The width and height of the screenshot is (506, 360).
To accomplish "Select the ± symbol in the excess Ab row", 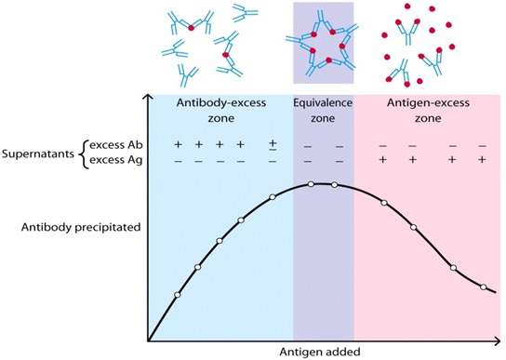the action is coord(273,146).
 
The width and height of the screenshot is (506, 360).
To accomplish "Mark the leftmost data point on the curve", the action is coord(177,296).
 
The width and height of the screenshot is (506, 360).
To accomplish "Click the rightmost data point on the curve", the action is coord(483,287).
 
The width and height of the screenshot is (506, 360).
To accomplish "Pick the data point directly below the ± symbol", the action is coord(273,197).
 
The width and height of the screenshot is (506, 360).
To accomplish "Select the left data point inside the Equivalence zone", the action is coord(311,185).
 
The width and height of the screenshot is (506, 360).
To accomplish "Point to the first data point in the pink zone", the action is coord(383,199).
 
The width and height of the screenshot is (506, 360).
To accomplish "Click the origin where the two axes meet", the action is coord(148,341).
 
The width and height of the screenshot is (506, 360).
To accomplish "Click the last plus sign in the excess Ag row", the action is coord(482,161).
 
